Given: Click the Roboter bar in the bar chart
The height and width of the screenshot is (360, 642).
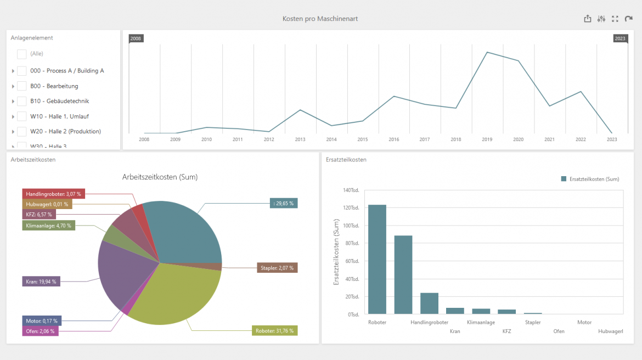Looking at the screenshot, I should [377, 259].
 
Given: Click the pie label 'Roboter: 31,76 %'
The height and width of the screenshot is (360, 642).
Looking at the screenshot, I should [275, 331].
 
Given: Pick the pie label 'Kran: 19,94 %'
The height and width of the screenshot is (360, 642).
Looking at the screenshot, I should [41, 282].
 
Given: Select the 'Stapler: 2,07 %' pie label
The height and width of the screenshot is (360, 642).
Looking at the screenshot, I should [277, 268].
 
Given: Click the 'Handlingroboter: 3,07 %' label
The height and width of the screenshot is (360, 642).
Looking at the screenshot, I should [54, 194].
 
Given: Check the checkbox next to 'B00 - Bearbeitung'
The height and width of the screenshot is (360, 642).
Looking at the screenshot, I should [22, 86].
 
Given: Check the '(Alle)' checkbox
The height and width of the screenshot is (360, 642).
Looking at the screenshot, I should [22, 54].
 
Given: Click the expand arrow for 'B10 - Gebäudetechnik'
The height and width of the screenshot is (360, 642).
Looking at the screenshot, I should [13, 102].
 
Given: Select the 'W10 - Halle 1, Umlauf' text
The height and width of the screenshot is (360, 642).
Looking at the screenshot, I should [59, 116].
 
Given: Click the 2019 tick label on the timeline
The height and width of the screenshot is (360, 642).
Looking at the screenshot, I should [487, 139].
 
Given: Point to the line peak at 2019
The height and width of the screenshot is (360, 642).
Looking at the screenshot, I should [487, 52].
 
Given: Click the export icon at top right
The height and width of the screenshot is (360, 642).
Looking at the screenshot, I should [588, 19].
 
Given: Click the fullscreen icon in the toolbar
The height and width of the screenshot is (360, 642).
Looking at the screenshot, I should [615, 19].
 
